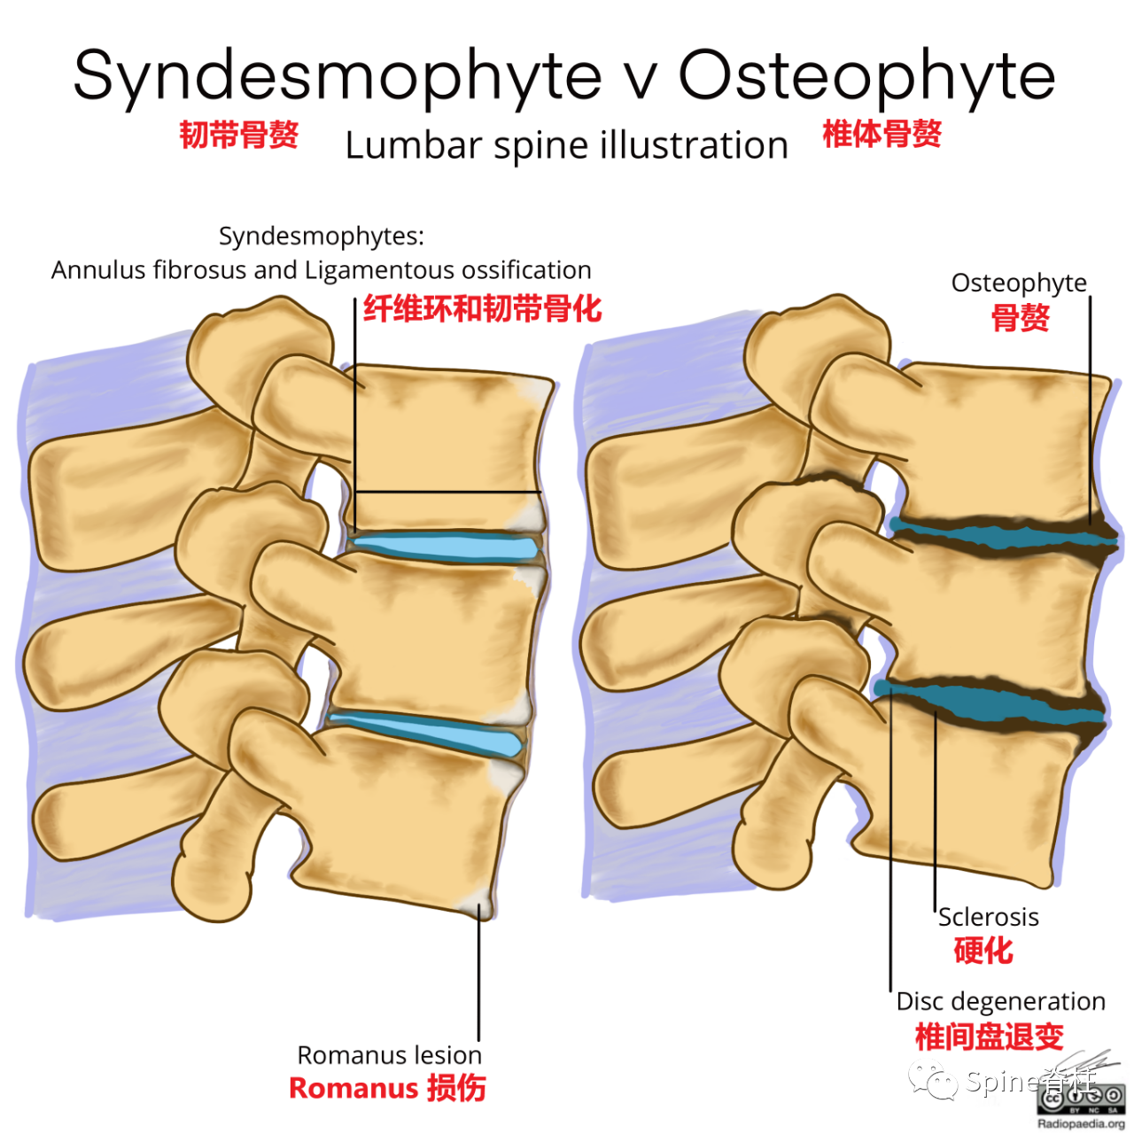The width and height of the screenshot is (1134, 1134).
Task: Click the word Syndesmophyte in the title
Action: tap(337, 76)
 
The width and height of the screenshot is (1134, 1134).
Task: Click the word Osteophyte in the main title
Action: tap(866, 76)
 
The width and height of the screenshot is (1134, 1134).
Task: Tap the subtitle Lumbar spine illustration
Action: tap(566, 145)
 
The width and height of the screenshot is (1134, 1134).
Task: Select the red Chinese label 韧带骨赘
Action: tap(239, 135)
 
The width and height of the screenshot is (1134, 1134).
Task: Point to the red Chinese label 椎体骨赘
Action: tap(882, 134)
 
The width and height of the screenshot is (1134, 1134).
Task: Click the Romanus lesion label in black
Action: tap(389, 1055)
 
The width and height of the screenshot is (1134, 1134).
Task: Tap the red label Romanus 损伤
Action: tap(387, 1088)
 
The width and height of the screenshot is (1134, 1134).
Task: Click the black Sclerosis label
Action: tap(988, 917)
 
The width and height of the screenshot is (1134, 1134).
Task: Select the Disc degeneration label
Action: tap(1000, 1001)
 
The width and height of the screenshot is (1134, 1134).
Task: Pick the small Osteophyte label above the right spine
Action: tap(1019, 283)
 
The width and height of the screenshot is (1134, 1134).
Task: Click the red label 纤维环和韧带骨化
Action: tap(482, 308)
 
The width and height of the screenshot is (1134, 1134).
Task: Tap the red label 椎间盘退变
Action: tap(989, 1036)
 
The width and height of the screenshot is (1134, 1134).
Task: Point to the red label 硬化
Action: tap(983, 951)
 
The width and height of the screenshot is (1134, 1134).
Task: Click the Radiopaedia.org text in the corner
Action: tap(1081, 1123)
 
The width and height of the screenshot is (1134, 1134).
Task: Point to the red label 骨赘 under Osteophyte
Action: tap(1020, 317)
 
